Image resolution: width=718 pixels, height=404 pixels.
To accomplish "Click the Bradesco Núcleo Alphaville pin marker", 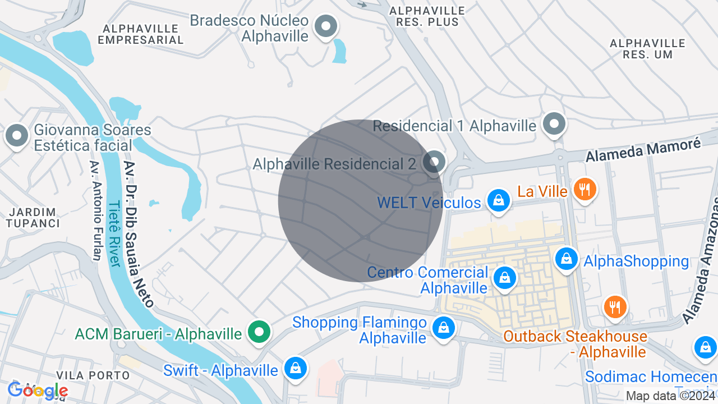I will (x=325, y=26).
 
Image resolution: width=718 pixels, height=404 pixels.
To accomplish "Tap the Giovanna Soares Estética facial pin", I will (x=17, y=136).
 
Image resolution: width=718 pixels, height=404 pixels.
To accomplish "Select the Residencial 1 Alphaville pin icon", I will (x=555, y=124).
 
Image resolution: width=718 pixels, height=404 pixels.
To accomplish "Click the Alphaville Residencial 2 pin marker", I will (x=434, y=162).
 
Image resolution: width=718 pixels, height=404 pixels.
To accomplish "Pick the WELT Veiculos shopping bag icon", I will (x=498, y=200).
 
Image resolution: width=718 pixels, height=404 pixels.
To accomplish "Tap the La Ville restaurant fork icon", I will (x=584, y=189).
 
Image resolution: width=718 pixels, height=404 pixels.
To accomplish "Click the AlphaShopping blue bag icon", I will (x=567, y=259).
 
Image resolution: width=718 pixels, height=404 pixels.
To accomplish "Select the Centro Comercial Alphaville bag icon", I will (x=504, y=278).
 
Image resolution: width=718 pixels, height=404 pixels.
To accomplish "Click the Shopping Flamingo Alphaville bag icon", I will (x=444, y=328).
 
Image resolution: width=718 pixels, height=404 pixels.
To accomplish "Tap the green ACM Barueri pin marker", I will (x=259, y=332).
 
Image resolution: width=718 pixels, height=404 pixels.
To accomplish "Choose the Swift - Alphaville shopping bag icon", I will (x=295, y=368).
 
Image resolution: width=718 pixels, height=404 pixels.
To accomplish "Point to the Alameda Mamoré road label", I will (x=643, y=150).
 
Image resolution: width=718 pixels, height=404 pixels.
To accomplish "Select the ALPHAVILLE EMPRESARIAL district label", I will (x=140, y=34).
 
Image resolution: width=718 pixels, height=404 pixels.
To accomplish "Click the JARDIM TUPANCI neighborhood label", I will (x=33, y=217).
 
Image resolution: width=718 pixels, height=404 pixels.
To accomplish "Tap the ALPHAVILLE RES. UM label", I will (x=647, y=49).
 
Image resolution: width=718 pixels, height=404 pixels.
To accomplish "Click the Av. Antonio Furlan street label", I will (x=95, y=211).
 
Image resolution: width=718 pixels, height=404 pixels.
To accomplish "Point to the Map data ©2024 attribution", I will (x=671, y=396).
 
